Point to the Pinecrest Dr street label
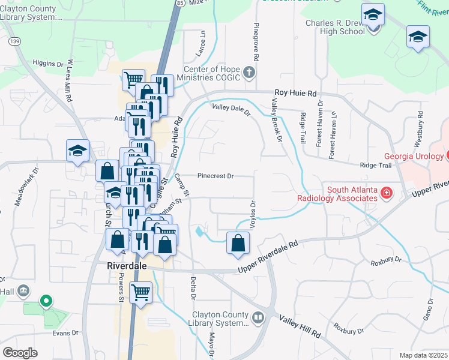215,176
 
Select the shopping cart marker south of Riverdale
140,293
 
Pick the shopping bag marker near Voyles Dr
238,243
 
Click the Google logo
20,352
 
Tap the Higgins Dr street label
48,63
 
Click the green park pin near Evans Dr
45,301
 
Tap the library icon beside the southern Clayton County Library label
258,317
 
